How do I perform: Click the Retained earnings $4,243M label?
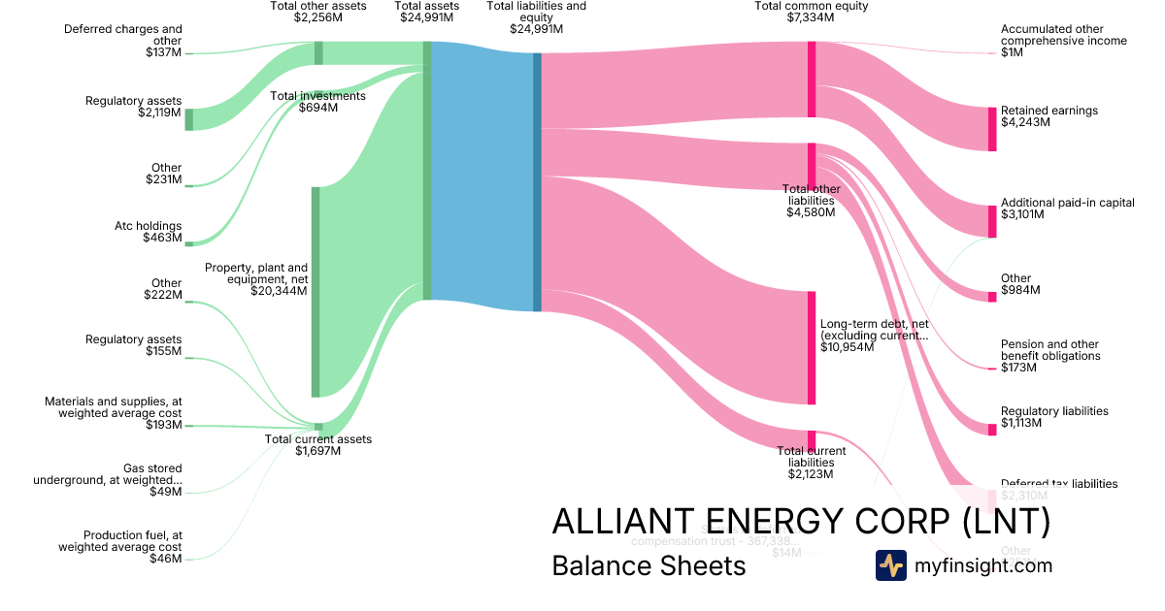(x=1048, y=116)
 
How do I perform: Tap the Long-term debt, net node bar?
(x=812, y=347)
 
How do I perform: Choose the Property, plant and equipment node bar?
(x=316, y=291)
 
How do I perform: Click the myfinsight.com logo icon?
(x=890, y=565)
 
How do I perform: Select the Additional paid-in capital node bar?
(x=992, y=221)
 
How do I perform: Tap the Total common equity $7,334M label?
(x=811, y=12)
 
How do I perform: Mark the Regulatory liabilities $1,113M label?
(x=1054, y=417)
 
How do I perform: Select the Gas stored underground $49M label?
(x=108, y=480)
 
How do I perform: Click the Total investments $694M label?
(x=317, y=102)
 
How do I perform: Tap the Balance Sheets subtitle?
(x=649, y=566)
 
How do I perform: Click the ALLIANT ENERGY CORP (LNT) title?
(x=801, y=522)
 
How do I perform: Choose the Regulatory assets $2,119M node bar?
(x=189, y=119)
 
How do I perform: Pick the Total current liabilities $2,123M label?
(x=812, y=463)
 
